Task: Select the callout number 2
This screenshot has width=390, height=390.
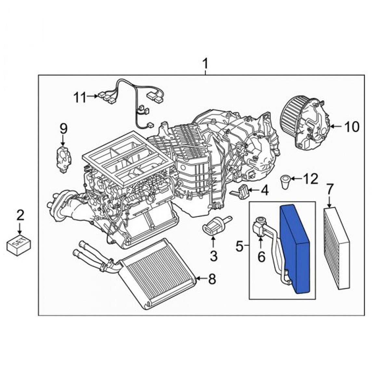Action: point(20,215)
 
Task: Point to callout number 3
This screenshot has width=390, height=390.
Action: point(213,256)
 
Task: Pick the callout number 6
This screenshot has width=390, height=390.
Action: point(261,256)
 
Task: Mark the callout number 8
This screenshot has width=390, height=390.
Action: point(212,279)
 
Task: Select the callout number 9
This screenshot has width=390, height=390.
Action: point(63,128)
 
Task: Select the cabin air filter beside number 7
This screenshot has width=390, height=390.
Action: point(336,249)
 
